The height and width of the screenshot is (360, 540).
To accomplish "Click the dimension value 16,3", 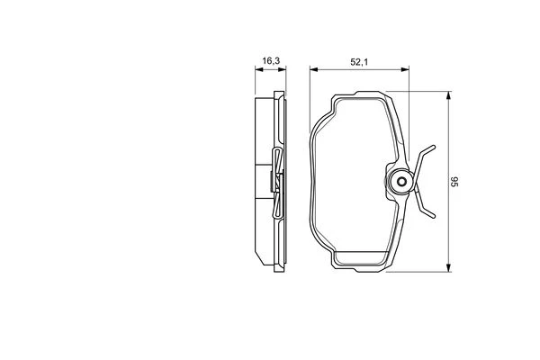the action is coord(271,61).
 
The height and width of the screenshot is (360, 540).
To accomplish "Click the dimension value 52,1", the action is coord(359,62).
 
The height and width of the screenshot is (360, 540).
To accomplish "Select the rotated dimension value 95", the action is coord(454,182).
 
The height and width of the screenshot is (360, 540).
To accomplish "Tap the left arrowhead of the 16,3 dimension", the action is coord(258,69).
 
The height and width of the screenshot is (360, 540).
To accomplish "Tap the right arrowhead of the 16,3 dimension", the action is coord(283,69).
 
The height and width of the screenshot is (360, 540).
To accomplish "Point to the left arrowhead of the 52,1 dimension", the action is coord(313,69).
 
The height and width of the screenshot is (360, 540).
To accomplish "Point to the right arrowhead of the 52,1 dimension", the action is coord(405,69).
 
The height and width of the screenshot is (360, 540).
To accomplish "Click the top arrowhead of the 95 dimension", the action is coord(448,95).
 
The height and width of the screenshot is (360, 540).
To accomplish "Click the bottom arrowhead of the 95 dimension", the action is coord(448,268).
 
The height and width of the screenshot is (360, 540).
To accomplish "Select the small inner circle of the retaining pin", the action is coord(401,181).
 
